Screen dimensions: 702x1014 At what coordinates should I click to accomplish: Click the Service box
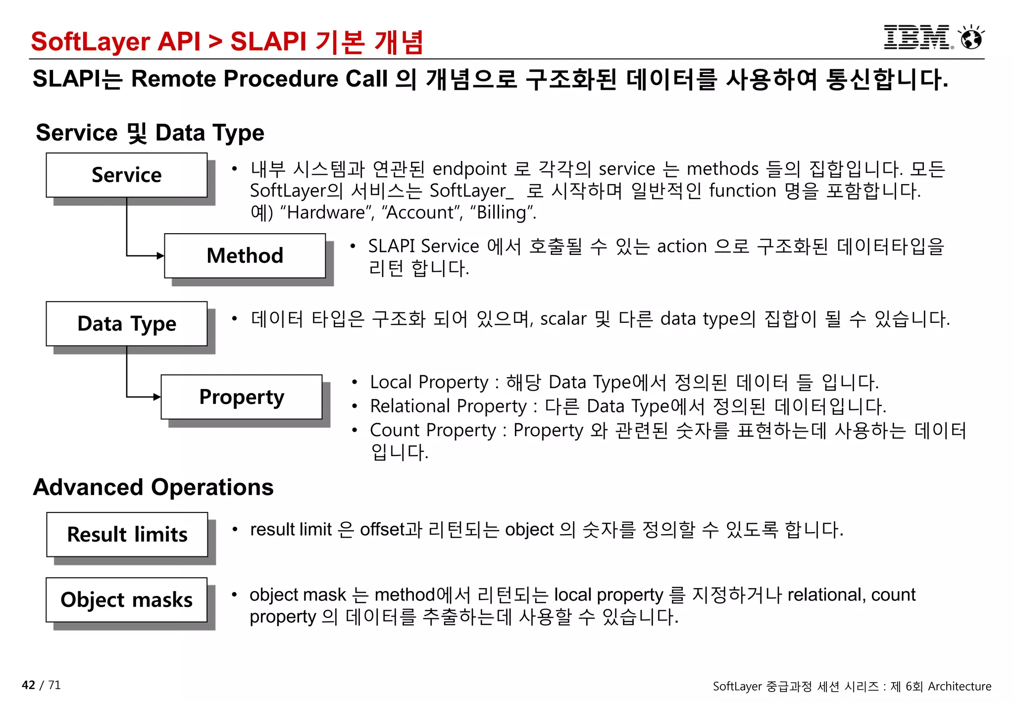127,175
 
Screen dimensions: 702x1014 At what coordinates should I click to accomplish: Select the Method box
245,255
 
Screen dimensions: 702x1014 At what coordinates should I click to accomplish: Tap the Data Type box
127,323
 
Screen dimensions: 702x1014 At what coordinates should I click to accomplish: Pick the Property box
242,397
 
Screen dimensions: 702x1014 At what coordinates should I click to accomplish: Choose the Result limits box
127,534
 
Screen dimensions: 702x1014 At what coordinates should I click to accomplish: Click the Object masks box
127,600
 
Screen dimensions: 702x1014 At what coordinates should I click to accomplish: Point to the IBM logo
917,38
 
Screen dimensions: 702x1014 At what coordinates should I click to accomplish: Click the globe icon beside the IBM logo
971,38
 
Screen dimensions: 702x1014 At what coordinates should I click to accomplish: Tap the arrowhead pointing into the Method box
160,256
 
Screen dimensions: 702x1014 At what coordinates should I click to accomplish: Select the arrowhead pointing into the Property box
157,397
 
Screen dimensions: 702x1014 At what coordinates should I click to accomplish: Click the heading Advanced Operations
153,487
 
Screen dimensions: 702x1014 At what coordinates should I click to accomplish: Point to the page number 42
28,685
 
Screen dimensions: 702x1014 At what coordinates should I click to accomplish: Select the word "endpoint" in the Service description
469,169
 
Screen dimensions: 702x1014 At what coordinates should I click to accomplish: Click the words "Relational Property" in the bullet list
449,406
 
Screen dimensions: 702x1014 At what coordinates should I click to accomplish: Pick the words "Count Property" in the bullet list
433,430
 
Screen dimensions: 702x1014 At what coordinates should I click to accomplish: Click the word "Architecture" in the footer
960,686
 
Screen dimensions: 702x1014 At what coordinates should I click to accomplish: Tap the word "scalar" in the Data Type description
563,319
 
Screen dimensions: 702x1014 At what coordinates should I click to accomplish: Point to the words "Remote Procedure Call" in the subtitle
259,79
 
